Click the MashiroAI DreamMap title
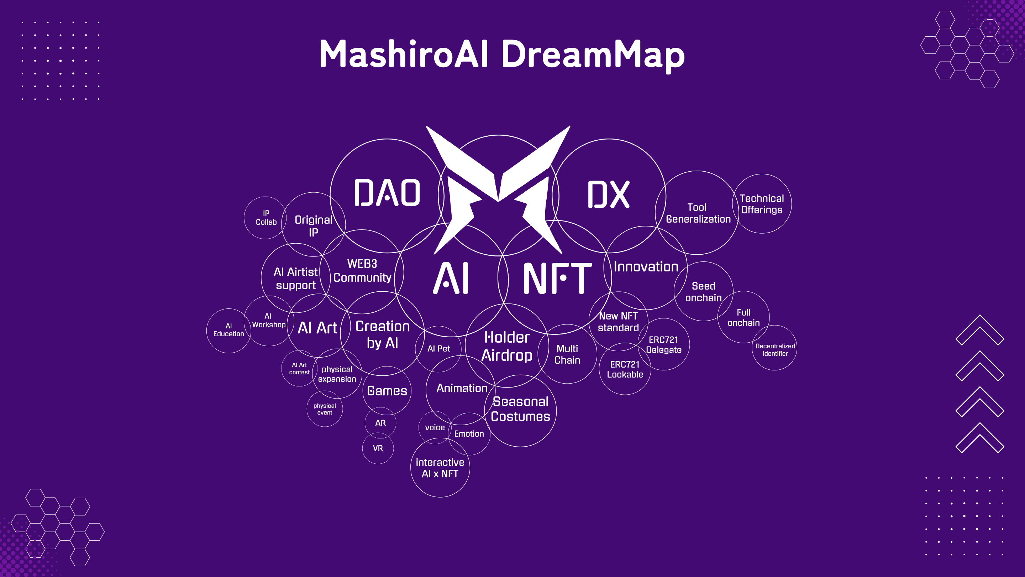click(502, 54)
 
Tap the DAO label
click(387, 193)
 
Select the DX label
click(608, 194)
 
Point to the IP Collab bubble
click(266, 218)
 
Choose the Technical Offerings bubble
click(762, 203)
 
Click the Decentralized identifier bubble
click(774, 348)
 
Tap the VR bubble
click(378, 448)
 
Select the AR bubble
click(380, 423)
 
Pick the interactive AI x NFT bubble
click(440, 468)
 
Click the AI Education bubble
click(229, 331)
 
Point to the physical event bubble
click(325, 409)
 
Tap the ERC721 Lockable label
click(625, 369)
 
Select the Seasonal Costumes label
click(520, 409)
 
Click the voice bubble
click(435, 427)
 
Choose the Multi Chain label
click(567, 354)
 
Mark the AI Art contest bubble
click(299, 368)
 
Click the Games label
click(387, 391)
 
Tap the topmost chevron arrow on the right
click(980, 330)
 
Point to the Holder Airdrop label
click(507, 347)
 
